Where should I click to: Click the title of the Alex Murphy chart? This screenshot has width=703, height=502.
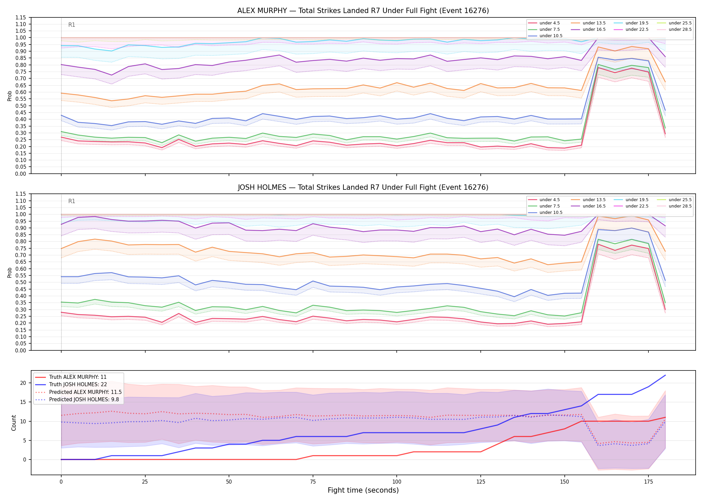[363, 11]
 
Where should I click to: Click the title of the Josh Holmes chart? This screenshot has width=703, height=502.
[363, 187]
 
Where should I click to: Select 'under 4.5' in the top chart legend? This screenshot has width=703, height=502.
[549, 23]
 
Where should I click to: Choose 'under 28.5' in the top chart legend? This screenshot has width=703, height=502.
[680, 29]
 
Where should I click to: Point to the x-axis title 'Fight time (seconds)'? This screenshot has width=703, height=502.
[363, 490]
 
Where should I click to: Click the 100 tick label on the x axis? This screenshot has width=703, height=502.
[396, 482]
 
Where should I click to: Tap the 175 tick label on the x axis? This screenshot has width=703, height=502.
[648, 482]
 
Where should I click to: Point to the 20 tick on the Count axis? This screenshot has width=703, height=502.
[23, 383]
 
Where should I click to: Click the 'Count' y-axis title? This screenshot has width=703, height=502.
[14, 423]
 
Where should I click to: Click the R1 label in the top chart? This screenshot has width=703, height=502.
[72, 25]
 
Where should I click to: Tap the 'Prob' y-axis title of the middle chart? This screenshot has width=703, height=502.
[10, 272]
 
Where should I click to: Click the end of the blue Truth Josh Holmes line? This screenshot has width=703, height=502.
[665, 375]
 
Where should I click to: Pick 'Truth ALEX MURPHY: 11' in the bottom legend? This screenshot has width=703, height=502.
[78, 377]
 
